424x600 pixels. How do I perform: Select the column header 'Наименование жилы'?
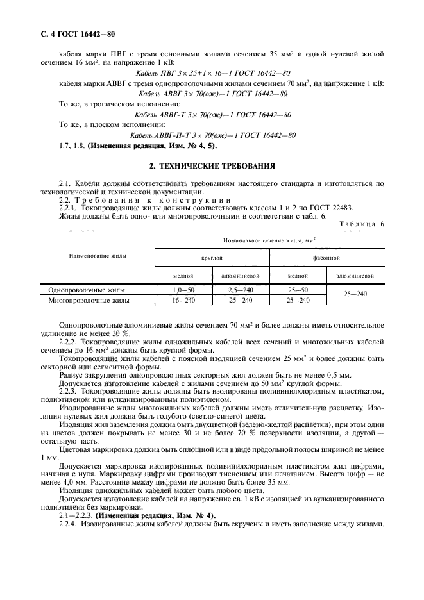[x=97, y=256]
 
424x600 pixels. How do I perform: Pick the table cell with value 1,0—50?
[x=183, y=290]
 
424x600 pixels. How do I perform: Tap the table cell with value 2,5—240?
[x=241, y=290]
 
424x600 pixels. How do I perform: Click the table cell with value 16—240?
[x=183, y=299]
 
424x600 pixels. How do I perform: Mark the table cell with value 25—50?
[x=298, y=290]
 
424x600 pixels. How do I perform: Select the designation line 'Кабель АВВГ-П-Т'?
[x=212, y=135]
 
